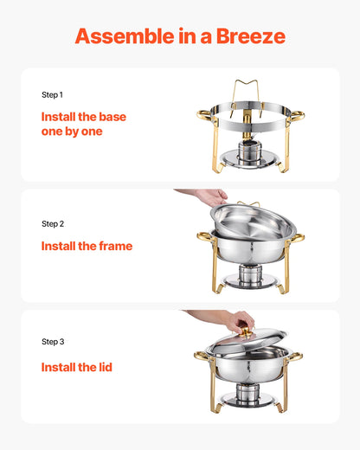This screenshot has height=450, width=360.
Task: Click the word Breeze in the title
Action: click(247, 36)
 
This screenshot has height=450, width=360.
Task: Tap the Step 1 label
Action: click(53, 94)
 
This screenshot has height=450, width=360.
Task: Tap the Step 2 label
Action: click(53, 223)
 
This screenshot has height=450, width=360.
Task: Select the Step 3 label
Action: click(53, 342)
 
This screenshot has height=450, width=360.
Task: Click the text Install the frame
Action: click(87, 246)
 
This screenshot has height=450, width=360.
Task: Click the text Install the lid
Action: click(76, 367)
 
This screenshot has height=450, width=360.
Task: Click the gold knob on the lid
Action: click(246, 331)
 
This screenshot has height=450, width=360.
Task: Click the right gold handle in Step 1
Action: click(296, 114)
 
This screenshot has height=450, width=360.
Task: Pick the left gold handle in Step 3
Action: click(202, 355)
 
